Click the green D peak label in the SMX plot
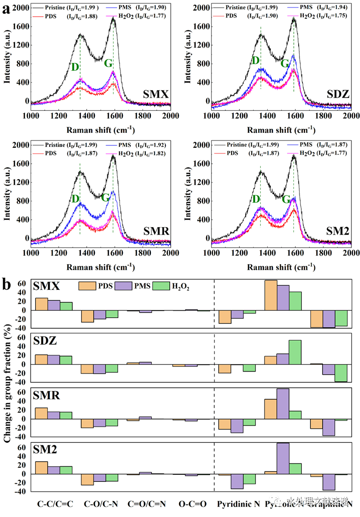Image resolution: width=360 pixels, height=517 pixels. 75,67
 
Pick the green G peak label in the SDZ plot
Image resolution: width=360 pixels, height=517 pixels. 285,64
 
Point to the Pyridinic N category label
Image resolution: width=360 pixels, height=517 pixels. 238,504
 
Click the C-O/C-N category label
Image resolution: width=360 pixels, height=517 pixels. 101,504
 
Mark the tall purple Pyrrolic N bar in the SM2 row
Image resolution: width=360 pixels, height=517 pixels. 283,458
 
